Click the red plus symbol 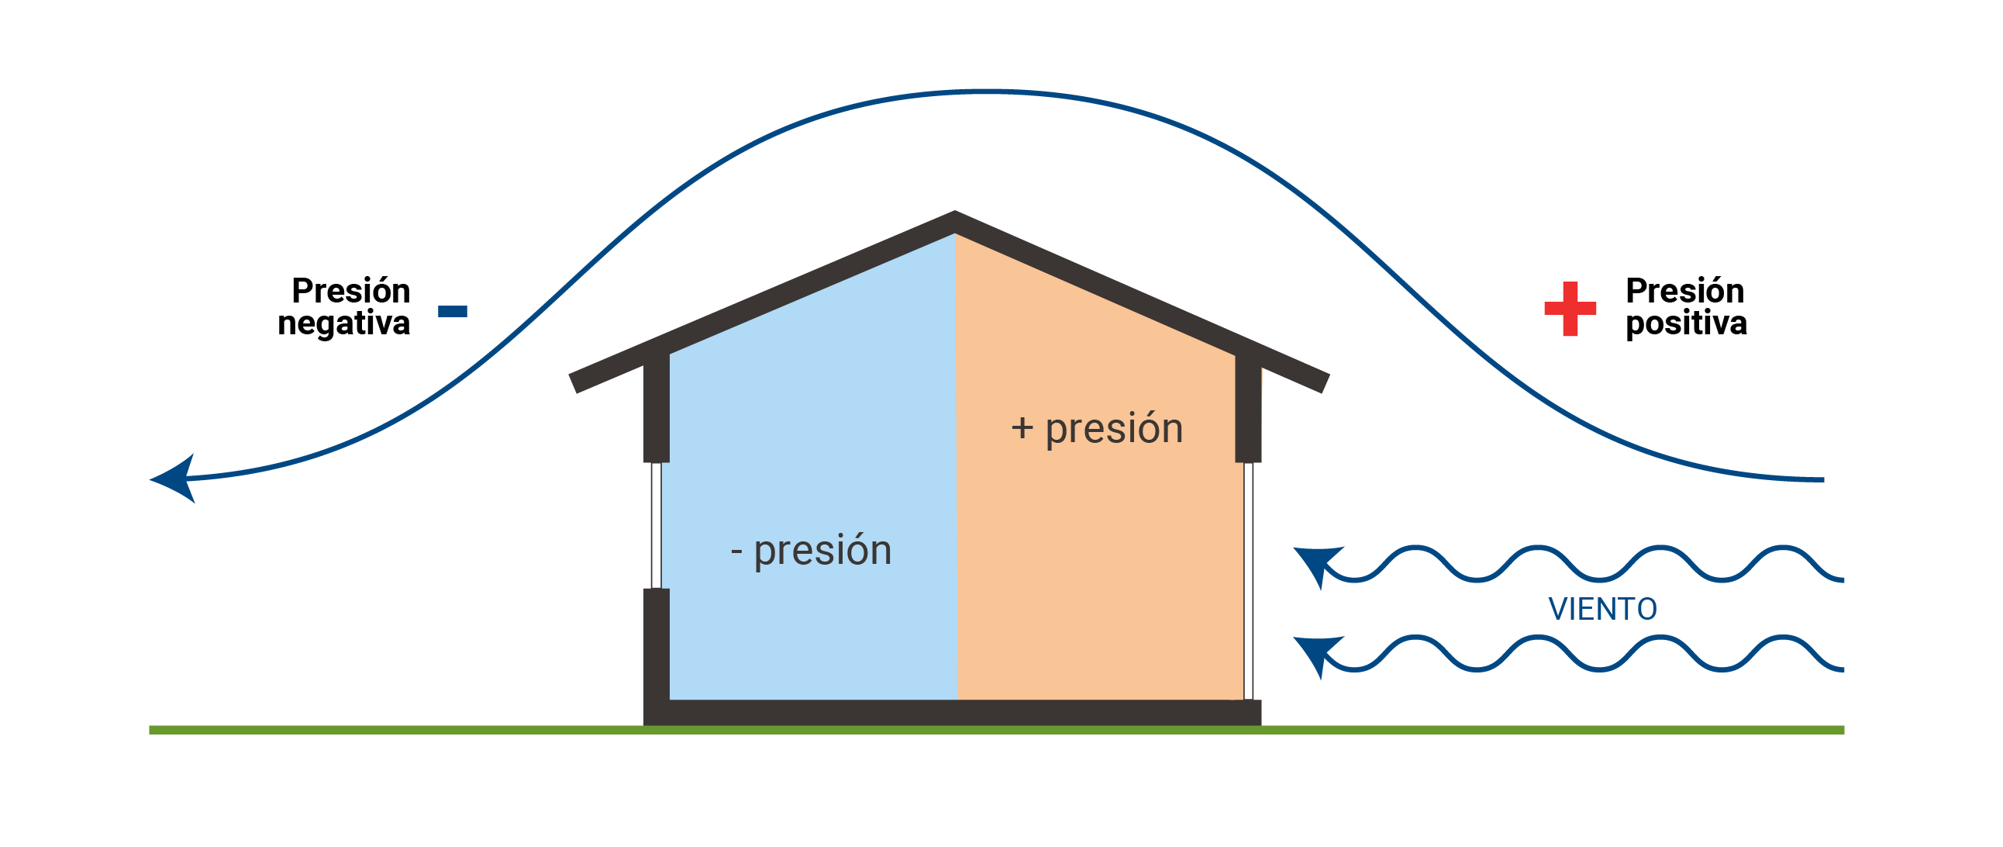click(x=1570, y=309)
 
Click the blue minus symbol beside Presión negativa click(x=453, y=311)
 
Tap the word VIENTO click(x=1601, y=609)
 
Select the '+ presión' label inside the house click(x=1097, y=429)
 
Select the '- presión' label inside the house click(x=811, y=551)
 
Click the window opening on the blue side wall click(x=657, y=525)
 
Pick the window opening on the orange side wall click(x=1248, y=579)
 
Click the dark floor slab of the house click(x=953, y=713)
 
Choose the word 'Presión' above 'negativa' click(x=350, y=291)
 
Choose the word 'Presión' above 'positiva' click(x=1684, y=291)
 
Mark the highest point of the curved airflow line click(x=991, y=92)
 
